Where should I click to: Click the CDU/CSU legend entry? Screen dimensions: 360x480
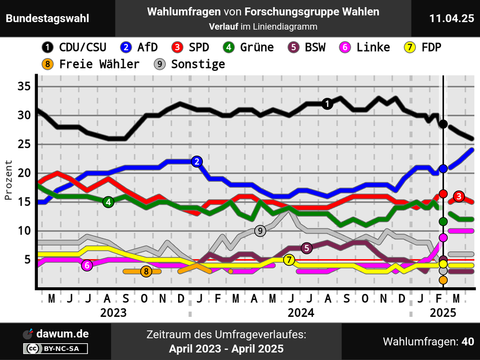pyautogui.click(x=74, y=47)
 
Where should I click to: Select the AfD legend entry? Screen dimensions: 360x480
pyautogui.click(x=139, y=47)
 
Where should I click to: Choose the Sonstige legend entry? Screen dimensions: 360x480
pyautogui.click(x=190, y=64)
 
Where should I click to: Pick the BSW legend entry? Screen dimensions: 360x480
pyautogui.click(x=306, y=47)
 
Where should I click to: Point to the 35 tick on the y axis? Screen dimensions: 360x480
pyautogui.click(x=24, y=87)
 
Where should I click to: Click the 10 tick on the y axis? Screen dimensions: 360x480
pyautogui.click(x=24, y=231)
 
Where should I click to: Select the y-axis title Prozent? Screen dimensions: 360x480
pyautogui.click(x=8, y=180)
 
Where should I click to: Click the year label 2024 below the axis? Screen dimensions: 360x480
pyautogui.click(x=300, y=313)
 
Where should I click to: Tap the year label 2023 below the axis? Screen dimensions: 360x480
pyautogui.click(x=113, y=313)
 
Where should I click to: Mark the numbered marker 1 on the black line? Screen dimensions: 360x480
pyautogui.click(x=328, y=104)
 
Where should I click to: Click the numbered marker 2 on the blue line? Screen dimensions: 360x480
pyautogui.click(x=197, y=162)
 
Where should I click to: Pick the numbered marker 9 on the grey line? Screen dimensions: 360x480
pyautogui.click(x=260, y=231)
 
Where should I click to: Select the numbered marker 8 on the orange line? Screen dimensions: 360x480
pyautogui.click(x=146, y=271)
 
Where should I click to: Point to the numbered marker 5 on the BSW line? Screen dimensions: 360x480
pyautogui.click(x=306, y=248)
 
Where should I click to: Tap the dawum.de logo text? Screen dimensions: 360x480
pyautogui.click(x=63, y=334)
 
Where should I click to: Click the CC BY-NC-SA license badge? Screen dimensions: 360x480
pyautogui.click(x=56, y=348)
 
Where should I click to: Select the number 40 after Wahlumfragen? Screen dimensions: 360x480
pyautogui.click(x=467, y=342)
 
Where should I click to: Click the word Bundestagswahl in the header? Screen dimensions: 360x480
pyautogui.click(x=47, y=18)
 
